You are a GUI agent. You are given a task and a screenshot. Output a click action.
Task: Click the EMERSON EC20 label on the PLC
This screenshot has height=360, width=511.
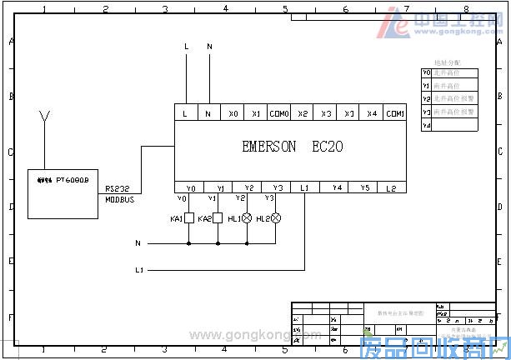292,147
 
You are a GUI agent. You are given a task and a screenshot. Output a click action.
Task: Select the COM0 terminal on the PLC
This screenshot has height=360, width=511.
280,113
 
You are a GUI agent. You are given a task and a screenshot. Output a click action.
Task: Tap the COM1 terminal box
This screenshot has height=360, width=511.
395,113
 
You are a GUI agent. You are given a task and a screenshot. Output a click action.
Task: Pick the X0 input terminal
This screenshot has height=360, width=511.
233,113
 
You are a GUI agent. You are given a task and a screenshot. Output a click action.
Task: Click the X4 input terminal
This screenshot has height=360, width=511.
372,113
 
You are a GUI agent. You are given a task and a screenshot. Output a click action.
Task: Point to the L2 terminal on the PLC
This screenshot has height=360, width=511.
390,187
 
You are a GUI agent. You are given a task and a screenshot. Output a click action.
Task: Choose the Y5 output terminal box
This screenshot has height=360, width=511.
364,187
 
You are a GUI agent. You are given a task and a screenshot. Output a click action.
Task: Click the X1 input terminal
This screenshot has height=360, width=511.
256,113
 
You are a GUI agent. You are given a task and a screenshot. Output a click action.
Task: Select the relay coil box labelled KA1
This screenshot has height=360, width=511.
189,218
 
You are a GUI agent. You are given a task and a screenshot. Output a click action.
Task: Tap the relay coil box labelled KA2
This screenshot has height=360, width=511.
218,218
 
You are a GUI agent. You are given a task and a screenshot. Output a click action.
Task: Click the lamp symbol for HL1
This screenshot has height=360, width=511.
247,218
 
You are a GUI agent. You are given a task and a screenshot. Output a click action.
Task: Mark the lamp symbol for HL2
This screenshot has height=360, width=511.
276,218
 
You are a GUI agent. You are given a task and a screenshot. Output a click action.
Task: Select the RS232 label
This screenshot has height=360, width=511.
117,190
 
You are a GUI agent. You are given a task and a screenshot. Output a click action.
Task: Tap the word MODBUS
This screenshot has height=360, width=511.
119,200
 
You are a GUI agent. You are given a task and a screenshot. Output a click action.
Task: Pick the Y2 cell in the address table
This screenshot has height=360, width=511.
426,98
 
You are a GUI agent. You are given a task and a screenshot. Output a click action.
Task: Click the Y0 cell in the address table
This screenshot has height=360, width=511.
426,72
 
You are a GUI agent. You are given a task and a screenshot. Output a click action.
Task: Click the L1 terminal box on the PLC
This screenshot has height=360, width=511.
304,187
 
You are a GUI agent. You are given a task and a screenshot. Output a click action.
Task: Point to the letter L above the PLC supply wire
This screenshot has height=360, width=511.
186,47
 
